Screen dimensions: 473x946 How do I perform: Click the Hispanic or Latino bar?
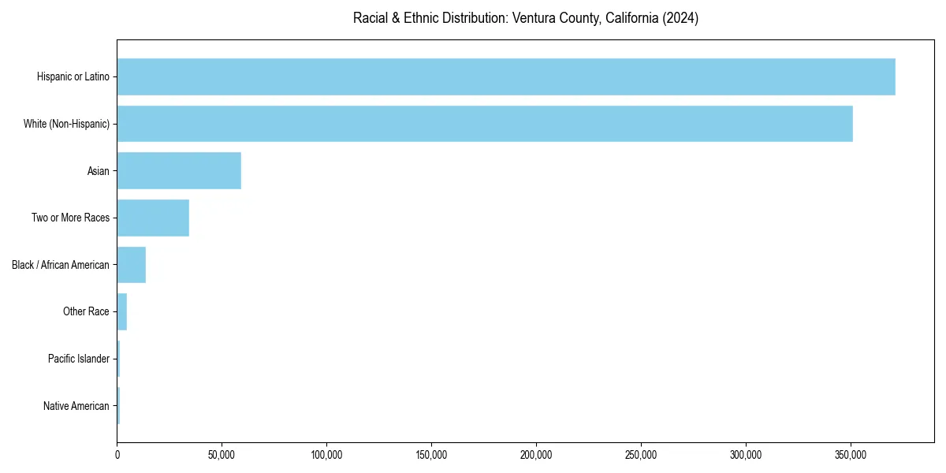click(x=505, y=76)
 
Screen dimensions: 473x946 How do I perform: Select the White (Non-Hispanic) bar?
click(x=484, y=124)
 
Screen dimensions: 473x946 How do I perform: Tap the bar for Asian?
click(x=179, y=171)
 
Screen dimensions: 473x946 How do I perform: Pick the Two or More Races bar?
click(x=153, y=218)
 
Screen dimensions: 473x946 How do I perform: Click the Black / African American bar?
click(x=131, y=265)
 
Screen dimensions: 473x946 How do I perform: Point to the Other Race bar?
click(x=122, y=311)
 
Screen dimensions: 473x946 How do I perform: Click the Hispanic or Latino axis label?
click(x=73, y=76)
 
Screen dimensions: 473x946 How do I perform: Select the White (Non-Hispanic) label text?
click(x=66, y=124)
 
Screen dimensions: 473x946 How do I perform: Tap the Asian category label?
click(x=98, y=171)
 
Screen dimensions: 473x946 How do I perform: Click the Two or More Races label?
click(x=70, y=218)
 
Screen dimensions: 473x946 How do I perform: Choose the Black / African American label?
click(x=61, y=265)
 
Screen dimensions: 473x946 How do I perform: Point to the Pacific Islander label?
click(x=78, y=359)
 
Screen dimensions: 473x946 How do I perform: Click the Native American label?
click(x=76, y=406)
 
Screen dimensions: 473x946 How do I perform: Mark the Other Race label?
click(x=86, y=311)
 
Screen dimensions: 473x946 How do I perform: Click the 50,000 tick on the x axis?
click(x=222, y=455)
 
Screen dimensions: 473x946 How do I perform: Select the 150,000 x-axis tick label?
click(x=431, y=455)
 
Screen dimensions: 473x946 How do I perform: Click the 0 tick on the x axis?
click(x=117, y=455)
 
